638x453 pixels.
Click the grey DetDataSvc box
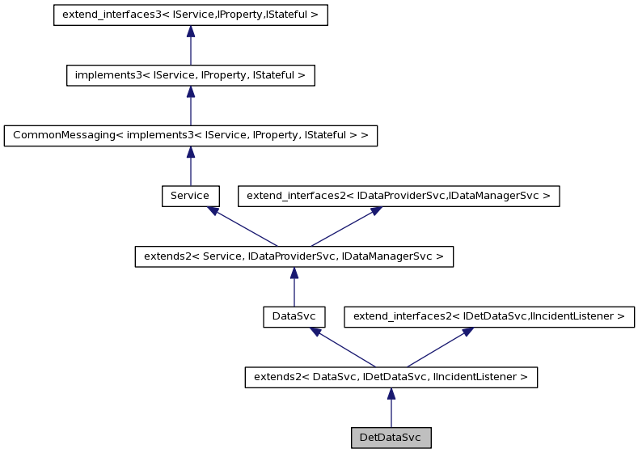pos(391,438)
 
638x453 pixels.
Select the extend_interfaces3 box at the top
pos(190,15)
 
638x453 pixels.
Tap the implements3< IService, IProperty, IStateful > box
pos(190,75)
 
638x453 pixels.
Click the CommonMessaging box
pos(190,135)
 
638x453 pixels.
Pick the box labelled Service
pos(190,196)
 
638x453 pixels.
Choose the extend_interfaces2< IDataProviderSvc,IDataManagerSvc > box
pos(398,196)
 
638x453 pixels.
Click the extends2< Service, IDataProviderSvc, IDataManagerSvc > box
pos(293,256)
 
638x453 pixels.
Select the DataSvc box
pos(293,316)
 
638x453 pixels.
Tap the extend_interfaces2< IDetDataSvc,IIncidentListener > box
pos(489,316)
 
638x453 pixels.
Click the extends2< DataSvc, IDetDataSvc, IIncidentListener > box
pos(391,377)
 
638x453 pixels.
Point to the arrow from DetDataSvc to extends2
pos(391,408)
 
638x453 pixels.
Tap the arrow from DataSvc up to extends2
pos(293,286)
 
